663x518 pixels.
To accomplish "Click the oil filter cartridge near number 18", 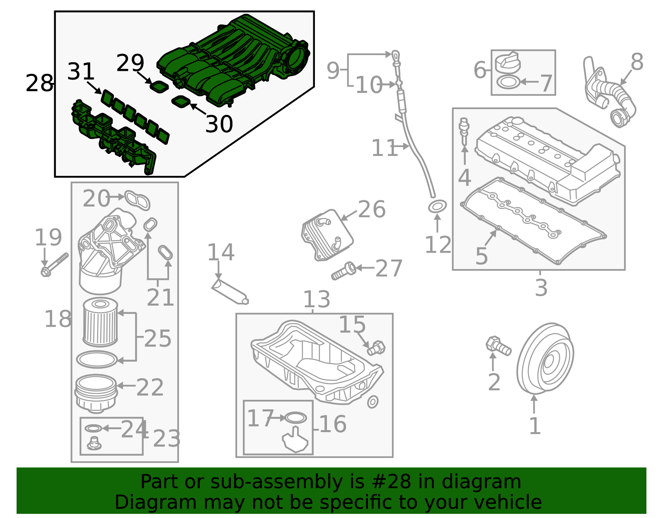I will tap(100, 322).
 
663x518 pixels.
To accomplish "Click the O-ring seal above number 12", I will tap(437, 206).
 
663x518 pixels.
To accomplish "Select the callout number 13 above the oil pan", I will tap(316, 299).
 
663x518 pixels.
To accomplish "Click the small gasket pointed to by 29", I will tap(159, 87).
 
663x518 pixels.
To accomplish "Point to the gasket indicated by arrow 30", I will tap(181, 101).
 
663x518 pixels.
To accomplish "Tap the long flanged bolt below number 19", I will tap(55, 265).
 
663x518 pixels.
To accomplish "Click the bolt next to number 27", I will tap(344, 271).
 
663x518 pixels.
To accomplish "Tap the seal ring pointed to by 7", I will tap(508, 82).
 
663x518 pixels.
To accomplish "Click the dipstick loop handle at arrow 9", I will tap(396, 55).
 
